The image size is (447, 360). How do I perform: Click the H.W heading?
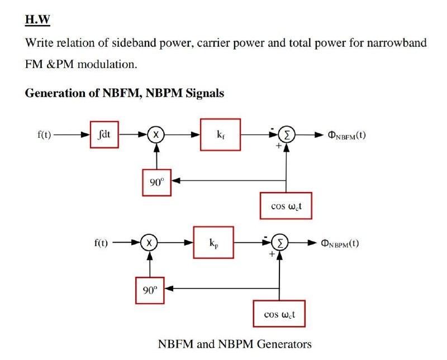[x=37, y=21]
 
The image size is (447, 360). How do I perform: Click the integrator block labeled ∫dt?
[x=104, y=135]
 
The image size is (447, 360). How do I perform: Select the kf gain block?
[x=220, y=135]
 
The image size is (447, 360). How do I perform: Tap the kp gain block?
[x=213, y=242]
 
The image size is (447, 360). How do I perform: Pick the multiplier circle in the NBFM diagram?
[x=156, y=135]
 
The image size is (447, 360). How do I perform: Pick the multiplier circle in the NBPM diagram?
[x=149, y=243]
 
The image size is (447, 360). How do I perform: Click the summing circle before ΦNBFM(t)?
[x=286, y=135]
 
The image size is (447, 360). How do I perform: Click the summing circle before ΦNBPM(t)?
[x=278, y=243]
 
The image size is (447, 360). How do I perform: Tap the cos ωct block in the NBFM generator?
[x=286, y=205]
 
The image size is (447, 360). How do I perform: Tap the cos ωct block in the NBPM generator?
[x=279, y=314]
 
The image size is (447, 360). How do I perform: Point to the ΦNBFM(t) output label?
[x=346, y=135]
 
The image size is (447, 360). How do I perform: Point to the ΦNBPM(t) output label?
[x=339, y=243]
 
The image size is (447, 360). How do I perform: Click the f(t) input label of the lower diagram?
[x=101, y=243]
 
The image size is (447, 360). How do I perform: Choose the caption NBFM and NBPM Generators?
[x=235, y=344]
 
